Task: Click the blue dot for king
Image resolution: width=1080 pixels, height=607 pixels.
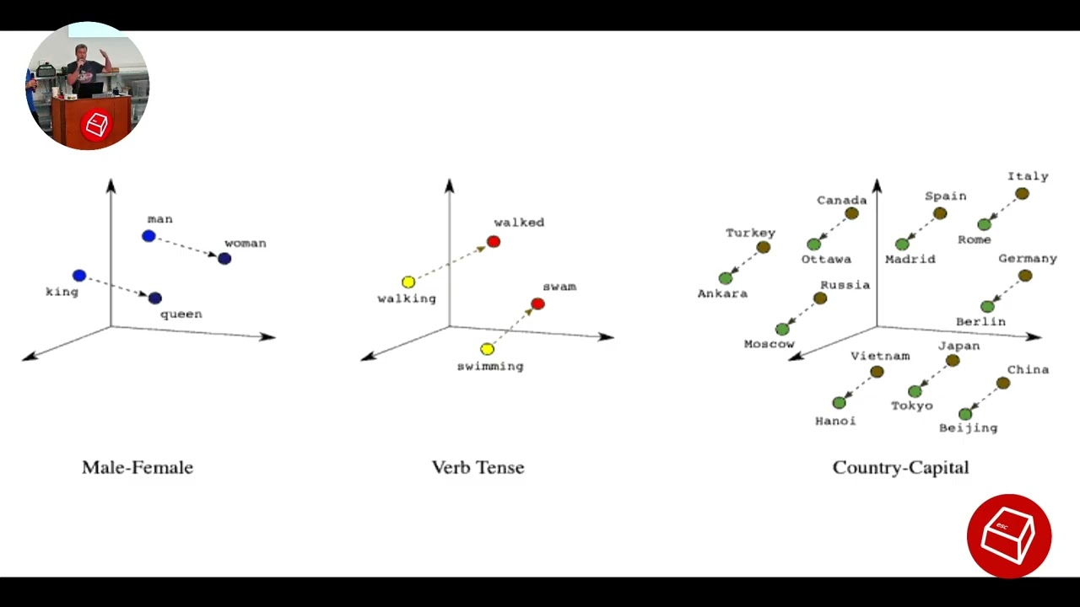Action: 79,276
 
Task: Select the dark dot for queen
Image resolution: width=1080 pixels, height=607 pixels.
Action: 154,298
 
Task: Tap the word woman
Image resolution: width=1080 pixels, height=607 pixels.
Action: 246,244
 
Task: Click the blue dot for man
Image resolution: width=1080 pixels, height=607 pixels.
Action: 149,236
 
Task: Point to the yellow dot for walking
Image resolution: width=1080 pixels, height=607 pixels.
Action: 408,282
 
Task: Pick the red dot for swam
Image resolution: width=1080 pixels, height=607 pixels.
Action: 538,304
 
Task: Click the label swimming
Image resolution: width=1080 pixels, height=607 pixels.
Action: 490,367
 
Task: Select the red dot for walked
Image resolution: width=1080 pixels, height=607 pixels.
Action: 494,241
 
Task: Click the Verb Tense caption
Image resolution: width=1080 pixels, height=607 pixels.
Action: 478,467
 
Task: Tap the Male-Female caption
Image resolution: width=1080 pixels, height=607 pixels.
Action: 138,467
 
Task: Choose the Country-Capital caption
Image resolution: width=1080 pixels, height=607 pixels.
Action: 900,468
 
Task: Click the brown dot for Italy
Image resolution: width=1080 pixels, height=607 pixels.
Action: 1022,194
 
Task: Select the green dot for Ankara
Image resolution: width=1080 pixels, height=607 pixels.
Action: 726,278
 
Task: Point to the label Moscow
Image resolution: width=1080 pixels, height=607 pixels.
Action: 769,344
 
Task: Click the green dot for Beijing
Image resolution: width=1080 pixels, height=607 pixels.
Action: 965,414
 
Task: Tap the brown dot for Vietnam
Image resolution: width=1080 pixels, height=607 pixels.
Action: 877,372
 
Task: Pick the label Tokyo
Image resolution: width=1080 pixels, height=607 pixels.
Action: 912,406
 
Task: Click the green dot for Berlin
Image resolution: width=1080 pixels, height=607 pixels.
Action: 987,306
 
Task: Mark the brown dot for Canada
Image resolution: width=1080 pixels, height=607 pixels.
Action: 852,213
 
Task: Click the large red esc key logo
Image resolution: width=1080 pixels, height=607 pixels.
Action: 1009,536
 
